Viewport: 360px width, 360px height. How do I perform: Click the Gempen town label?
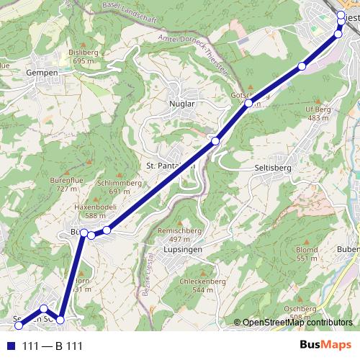[40, 73]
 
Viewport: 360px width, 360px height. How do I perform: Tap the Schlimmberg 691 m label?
[117, 187]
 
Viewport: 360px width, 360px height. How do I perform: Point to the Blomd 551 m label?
[307, 253]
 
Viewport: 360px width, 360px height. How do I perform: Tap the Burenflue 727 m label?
[63, 184]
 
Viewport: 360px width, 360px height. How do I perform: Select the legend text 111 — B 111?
[53, 346]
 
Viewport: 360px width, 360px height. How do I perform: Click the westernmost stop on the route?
[19, 325]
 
